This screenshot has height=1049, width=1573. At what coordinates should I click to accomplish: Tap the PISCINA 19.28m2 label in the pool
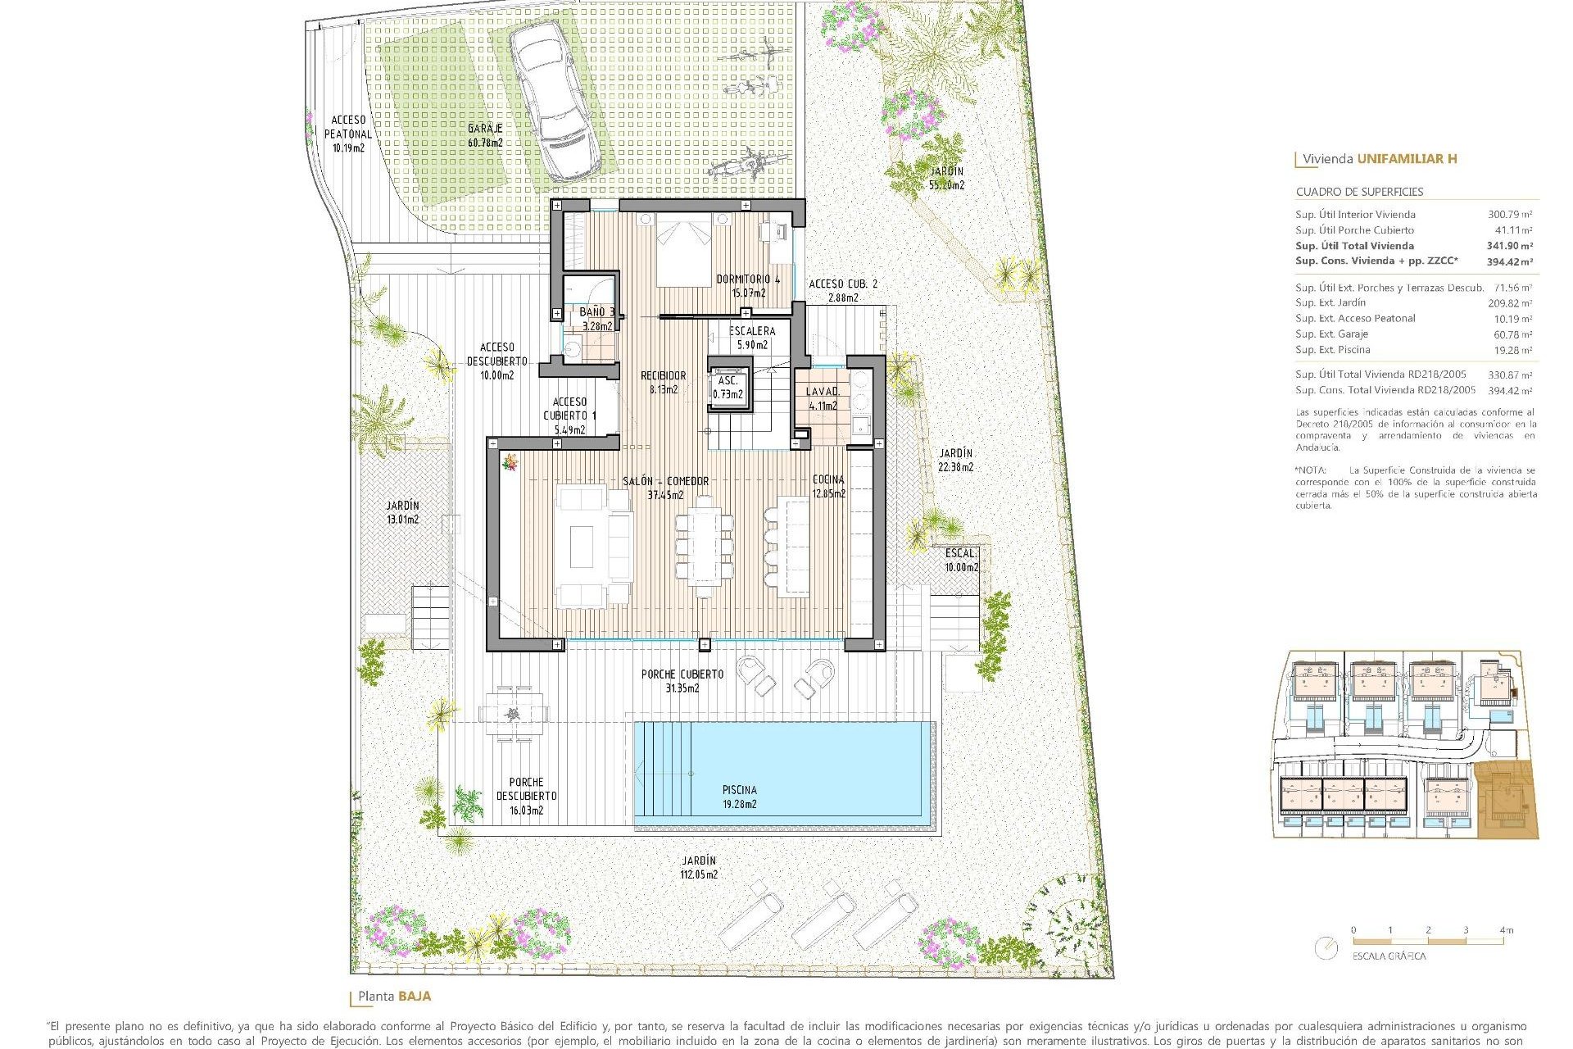click(739, 797)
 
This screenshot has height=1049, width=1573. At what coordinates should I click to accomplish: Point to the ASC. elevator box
click(728, 388)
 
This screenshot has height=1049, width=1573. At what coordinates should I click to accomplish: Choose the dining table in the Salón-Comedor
click(703, 544)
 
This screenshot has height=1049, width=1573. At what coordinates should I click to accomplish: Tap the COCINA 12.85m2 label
click(828, 486)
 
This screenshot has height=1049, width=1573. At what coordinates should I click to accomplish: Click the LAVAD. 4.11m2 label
click(823, 398)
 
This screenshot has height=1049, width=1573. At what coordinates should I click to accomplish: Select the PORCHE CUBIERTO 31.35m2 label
click(682, 681)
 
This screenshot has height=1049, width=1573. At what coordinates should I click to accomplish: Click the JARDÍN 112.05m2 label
click(698, 867)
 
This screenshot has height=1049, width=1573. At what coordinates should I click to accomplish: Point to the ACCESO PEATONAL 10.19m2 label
click(348, 134)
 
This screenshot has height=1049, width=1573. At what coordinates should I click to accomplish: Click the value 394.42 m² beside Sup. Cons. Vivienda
click(1509, 261)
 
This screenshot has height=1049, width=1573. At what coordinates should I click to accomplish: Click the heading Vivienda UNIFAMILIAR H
click(1380, 159)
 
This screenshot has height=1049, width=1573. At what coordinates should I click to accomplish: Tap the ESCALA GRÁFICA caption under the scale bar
click(1389, 956)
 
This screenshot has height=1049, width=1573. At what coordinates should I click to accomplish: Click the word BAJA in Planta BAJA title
click(415, 997)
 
